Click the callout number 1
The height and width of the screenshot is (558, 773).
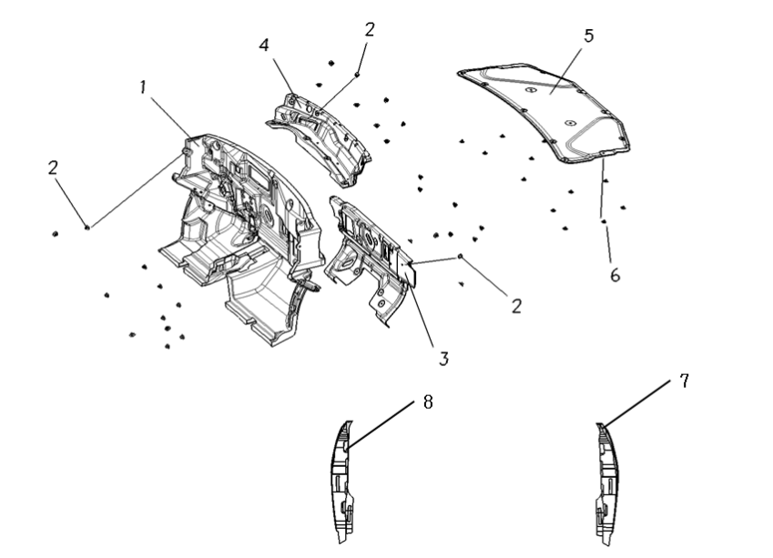pyautogui.click(x=143, y=87)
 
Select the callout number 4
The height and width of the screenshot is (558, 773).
pyautogui.click(x=264, y=46)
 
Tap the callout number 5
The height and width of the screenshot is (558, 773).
pyautogui.click(x=588, y=36)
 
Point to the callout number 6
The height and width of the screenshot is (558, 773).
pyautogui.click(x=615, y=276)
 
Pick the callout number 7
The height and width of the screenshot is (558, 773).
pyautogui.click(x=684, y=381)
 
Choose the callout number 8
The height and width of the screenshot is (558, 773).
pyautogui.click(x=428, y=402)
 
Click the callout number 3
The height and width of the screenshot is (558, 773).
pyautogui.click(x=443, y=359)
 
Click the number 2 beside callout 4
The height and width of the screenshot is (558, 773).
pyautogui.click(x=370, y=30)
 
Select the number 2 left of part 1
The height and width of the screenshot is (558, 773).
pyautogui.click(x=53, y=168)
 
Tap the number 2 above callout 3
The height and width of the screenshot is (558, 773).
pyautogui.click(x=516, y=307)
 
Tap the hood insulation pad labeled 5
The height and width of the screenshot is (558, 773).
pyautogui.click(x=543, y=111)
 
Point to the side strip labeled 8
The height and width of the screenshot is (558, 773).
pyautogui.click(x=341, y=483)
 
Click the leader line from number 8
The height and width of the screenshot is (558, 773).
pyautogui.click(x=381, y=423)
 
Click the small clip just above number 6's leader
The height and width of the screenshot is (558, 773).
pyautogui.click(x=603, y=221)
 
